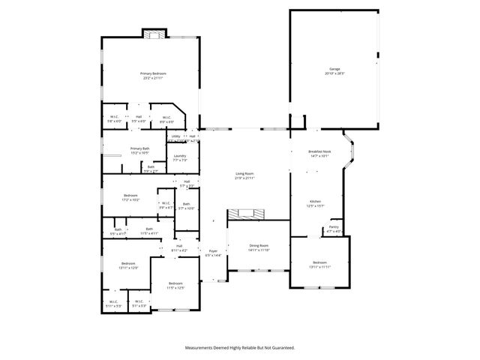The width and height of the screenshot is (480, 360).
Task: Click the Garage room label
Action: tap(334, 69)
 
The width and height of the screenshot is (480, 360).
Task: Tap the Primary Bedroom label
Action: tap(153, 73)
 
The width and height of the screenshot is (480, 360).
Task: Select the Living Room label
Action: tap(244, 174)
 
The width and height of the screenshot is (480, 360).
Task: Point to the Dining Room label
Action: tap(258, 245)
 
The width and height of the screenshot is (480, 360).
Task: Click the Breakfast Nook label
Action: tap(319, 152)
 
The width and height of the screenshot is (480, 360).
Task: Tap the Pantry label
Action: tap(334, 226)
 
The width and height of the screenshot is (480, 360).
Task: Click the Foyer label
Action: tap(213, 251)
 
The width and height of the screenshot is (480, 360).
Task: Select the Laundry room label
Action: tap(180, 156)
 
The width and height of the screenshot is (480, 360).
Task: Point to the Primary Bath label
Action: tap(140, 148)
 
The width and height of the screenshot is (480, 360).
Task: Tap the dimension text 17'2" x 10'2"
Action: tap(130, 200)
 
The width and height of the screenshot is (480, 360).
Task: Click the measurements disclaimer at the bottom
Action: tap(240, 348)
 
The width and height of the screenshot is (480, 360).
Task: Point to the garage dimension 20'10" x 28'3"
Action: tap(334, 73)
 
